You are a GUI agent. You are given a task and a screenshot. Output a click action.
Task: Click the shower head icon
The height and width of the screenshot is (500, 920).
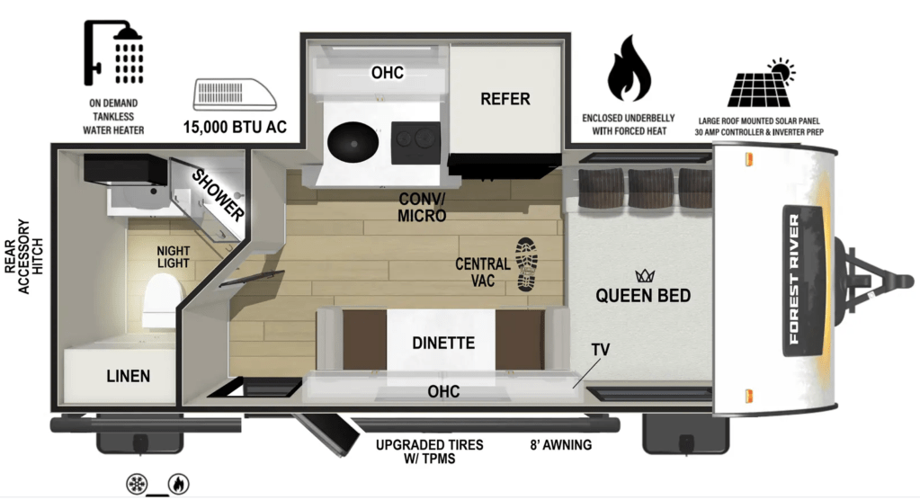[x=113, y=53]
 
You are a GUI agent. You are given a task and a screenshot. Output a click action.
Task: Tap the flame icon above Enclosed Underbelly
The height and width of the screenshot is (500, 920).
[x=629, y=68]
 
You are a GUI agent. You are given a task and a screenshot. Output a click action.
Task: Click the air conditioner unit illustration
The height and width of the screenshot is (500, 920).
[x=235, y=94]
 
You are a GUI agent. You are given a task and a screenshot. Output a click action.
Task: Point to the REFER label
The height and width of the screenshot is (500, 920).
[x=505, y=99]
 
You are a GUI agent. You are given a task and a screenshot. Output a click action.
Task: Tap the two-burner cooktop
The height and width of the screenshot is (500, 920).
[x=415, y=143]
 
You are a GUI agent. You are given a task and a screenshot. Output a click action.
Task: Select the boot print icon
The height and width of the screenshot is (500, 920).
[x=526, y=264]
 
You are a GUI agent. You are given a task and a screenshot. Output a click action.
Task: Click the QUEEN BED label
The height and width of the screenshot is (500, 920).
[x=643, y=295]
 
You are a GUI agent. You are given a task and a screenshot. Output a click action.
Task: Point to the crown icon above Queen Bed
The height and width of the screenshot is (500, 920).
[x=644, y=275]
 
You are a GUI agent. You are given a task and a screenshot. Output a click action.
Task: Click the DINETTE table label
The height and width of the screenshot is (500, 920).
[x=443, y=343]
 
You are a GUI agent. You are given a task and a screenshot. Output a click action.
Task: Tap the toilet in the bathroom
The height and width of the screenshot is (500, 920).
[x=162, y=300]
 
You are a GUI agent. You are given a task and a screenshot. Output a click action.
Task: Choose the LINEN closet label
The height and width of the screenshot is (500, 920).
[x=129, y=376]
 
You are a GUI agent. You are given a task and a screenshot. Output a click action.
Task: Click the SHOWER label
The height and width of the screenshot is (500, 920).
[x=218, y=195]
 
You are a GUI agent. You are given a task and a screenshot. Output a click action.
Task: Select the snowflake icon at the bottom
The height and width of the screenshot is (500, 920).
[x=137, y=484]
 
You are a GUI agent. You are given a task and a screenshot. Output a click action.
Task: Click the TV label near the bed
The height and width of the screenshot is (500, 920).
[x=600, y=350]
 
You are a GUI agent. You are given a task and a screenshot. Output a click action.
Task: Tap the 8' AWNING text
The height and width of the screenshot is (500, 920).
[x=561, y=445]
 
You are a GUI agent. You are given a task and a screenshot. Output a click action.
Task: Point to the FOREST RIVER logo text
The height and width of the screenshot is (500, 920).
[x=794, y=280]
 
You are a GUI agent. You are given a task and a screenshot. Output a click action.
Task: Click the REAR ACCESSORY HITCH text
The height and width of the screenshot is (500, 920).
[x=24, y=256]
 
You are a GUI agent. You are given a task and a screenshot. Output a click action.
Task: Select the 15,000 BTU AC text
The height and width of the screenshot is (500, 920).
[x=235, y=127]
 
